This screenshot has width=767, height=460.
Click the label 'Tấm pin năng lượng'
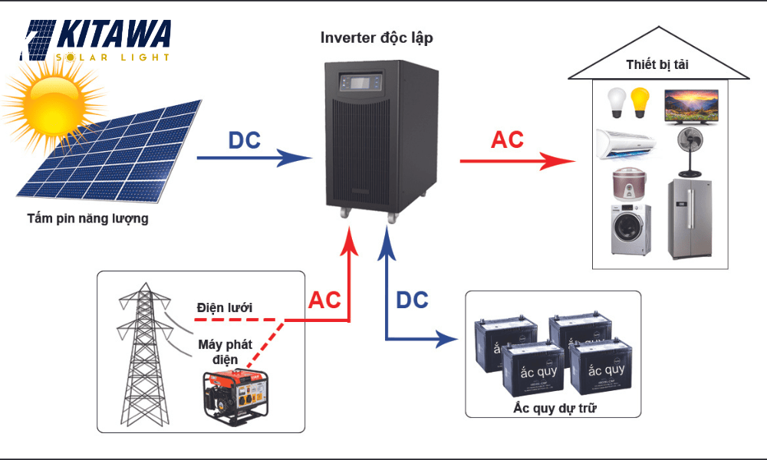tap(87, 219)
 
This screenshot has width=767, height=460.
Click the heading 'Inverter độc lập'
tap(381, 38)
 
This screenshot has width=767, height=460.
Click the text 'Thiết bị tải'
tap(657, 64)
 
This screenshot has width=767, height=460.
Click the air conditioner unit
tap(627, 143)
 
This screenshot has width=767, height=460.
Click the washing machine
tap(630, 229)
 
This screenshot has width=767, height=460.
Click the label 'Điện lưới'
tap(224, 307)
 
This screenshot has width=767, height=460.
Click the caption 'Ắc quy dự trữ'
tap(555, 408)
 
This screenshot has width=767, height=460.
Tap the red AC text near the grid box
tap(324, 301)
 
